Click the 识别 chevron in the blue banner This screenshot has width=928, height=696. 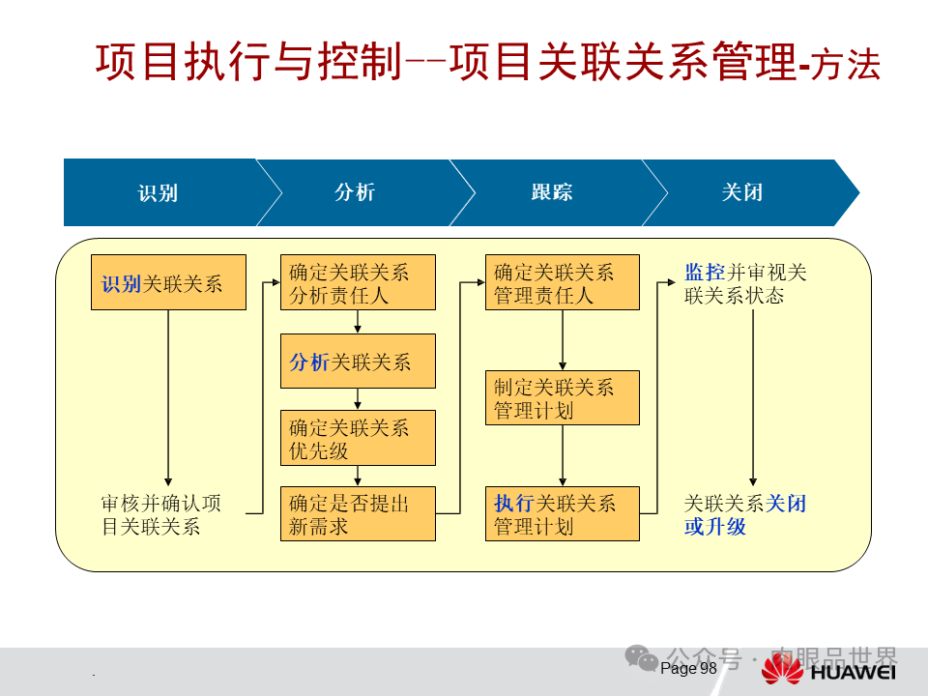click(x=158, y=192)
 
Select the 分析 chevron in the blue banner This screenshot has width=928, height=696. click(x=355, y=192)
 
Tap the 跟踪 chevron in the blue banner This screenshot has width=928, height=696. click(x=551, y=192)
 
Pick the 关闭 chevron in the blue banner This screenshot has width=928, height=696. click(x=742, y=192)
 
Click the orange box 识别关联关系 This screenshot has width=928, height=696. click(x=168, y=282)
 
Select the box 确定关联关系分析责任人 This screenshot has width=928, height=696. click(x=358, y=282)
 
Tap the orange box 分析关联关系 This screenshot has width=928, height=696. click(x=358, y=361)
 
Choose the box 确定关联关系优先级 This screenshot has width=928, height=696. click(x=358, y=437)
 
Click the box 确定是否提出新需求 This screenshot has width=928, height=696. click(x=358, y=513)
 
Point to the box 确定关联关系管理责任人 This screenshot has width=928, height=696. click(x=562, y=282)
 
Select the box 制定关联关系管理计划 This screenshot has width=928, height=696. click(x=562, y=397)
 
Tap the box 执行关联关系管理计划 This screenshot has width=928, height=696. click(x=562, y=513)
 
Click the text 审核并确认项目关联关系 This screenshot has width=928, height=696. click(x=160, y=514)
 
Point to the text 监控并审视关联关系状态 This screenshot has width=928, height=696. click(x=745, y=283)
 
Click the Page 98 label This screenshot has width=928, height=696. click(x=688, y=668)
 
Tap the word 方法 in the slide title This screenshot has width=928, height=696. click(x=846, y=66)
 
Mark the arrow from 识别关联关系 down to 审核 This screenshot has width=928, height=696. click(x=168, y=396)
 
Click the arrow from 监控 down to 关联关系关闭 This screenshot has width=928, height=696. click(x=753, y=396)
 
